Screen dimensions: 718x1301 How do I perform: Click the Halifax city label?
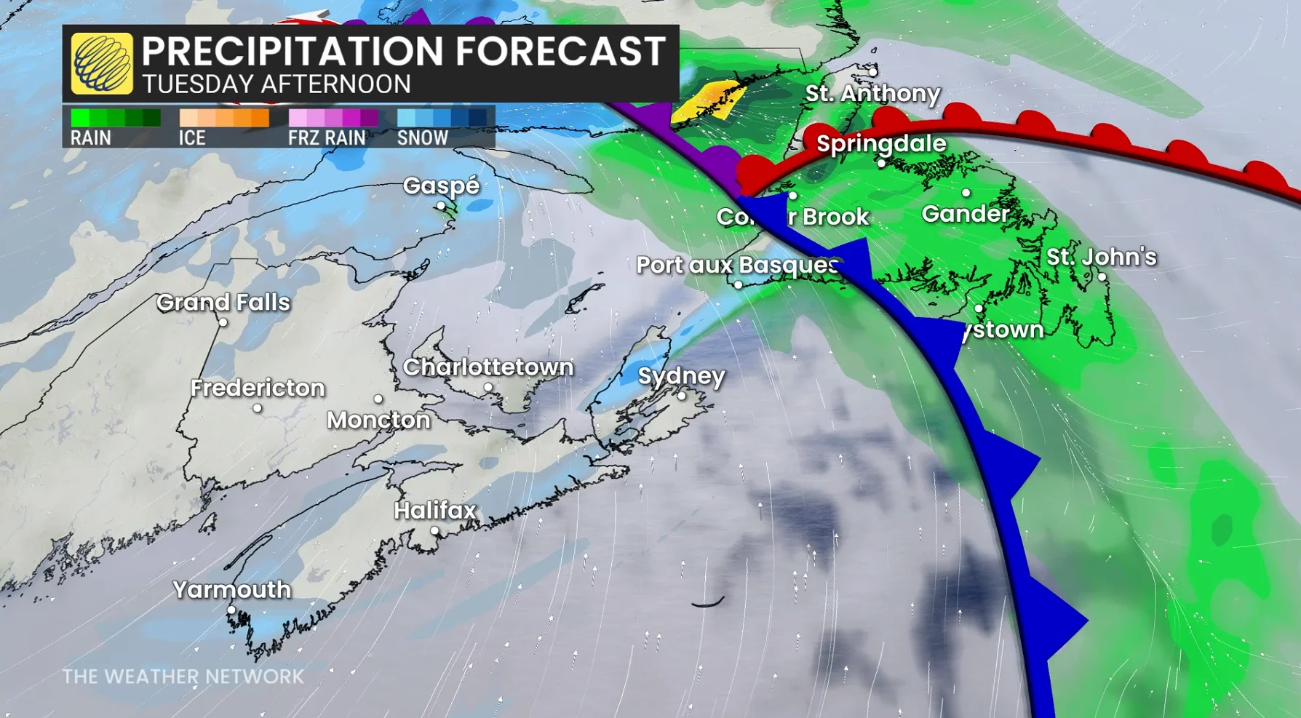435,511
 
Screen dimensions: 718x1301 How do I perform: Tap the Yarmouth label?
232,589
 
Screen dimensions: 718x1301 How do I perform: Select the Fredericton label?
258,388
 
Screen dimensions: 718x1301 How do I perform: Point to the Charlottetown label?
488,367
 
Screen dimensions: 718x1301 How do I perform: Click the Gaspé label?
442,186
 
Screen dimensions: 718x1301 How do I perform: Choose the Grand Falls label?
223,302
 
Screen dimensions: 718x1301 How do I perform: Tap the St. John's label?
1101,257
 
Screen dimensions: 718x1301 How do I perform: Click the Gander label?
966,214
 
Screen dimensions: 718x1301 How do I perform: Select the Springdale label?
881,143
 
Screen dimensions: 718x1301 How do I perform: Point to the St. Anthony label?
872,93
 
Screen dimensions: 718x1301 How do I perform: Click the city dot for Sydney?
682,396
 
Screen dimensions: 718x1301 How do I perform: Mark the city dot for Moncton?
378,399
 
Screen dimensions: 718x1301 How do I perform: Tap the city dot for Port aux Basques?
738,285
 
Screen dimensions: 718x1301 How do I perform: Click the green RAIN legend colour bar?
116,118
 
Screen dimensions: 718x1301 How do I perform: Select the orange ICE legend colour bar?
224,118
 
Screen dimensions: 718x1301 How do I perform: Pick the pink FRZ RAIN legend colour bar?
333,118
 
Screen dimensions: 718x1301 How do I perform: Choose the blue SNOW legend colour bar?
442,118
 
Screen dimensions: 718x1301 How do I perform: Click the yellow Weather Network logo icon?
102,64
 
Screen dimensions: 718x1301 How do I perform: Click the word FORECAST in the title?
560,51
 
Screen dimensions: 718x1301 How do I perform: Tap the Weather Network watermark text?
183,677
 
